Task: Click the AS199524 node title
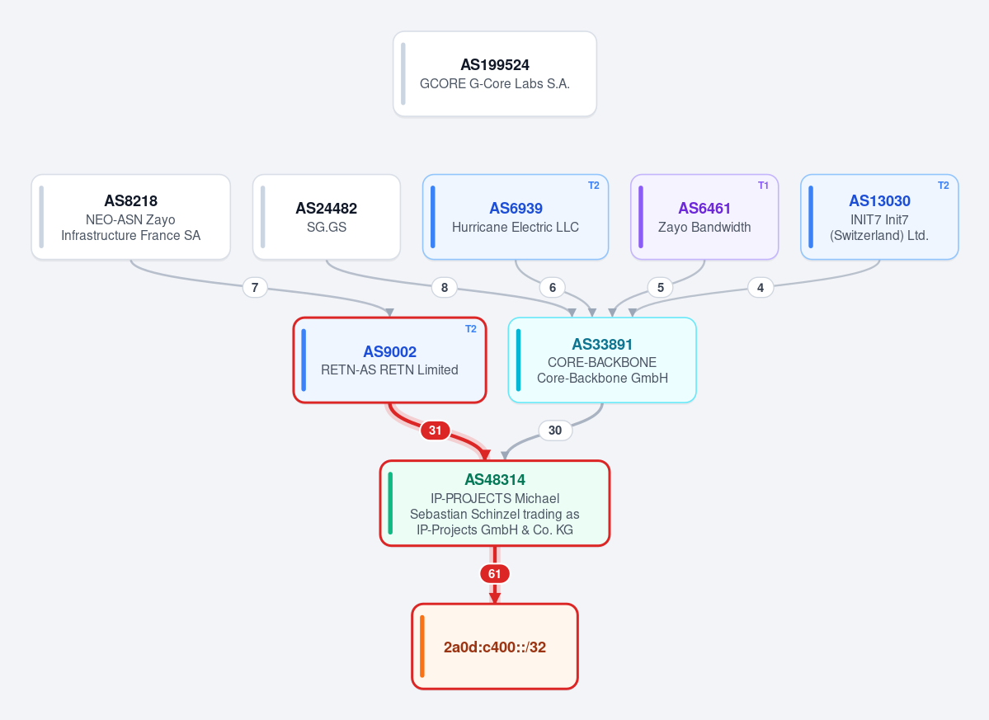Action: pyautogui.click(x=495, y=65)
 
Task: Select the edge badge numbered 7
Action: pyautogui.click(x=255, y=288)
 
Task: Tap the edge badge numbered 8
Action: pyautogui.click(x=445, y=288)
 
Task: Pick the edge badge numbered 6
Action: pyautogui.click(x=553, y=288)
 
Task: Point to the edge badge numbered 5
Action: pyautogui.click(x=661, y=288)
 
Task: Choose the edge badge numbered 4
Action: pyautogui.click(x=761, y=288)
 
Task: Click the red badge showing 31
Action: pyautogui.click(x=436, y=431)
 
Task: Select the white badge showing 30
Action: pyautogui.click(x=555, y=431)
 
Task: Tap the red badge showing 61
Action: pyautogui.click(x=495, y=574)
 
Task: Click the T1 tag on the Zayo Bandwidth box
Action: pyautogui.click(x=763, y=186)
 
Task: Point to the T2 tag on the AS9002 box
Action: pyautogui.click(x=470, y=329)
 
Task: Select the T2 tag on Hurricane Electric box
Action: pyautogui.click(x=594, y=186)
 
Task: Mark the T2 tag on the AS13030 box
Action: pyautogui.click(x=943, y=186)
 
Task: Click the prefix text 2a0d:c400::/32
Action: pyautogui.click(x=495, y=647)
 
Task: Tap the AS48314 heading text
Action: pyautogui.click(x=495, y=480)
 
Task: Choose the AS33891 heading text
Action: pyautogui.click(x=601, y=344)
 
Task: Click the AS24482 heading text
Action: pyautogui.click(x=326, y=209)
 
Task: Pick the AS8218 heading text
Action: pyautogui.click(x=130, y=201)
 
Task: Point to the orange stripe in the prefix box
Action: pyautogui.click(x=422, y=647)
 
